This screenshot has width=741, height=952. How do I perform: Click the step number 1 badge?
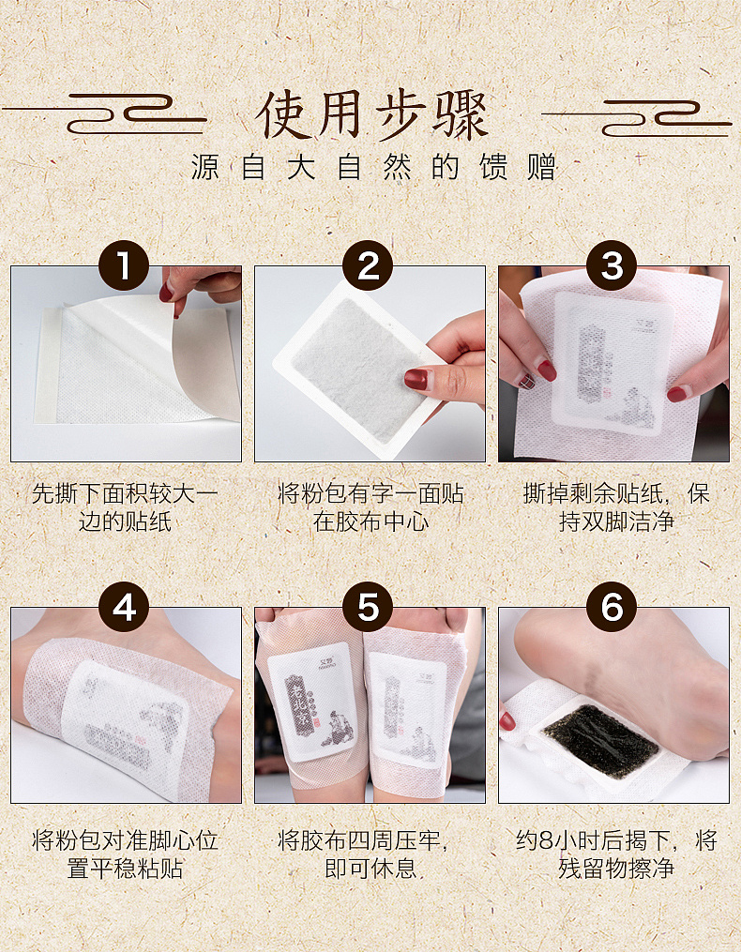point(125,266)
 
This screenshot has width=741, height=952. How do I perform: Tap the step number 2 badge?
point(369,266)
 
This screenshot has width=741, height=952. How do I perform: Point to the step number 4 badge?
point(125,608)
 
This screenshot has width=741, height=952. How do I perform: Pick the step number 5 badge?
point(369,608)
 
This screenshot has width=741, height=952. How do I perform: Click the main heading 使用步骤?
point(371,116)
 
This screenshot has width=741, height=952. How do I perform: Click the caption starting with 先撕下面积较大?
point(125,507)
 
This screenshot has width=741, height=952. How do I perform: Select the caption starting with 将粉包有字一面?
point(370,507)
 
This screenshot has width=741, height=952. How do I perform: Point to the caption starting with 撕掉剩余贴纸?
point(616,507)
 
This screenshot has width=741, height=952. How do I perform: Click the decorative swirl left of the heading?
point(122,118)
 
